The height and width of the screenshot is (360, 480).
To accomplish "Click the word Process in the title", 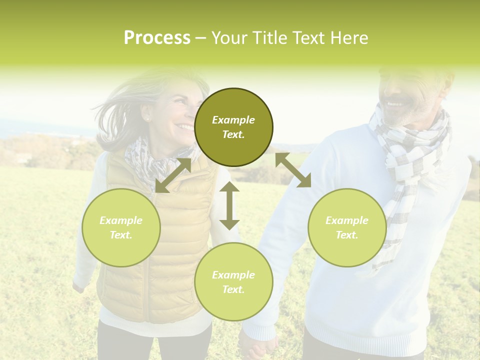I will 157,38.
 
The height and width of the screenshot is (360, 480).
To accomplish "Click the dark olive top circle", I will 233,127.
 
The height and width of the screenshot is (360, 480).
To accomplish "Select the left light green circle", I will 121,227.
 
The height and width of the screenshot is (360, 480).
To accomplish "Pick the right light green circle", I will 347,227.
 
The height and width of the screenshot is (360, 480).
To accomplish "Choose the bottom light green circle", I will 233,282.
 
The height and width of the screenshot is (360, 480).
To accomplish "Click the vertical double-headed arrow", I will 229,205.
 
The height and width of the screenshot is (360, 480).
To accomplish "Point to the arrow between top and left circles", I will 173,175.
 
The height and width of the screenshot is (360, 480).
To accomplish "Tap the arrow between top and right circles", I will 293,170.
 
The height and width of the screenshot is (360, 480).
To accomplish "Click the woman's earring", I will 148,119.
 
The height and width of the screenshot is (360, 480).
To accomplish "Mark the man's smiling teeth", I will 395,104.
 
